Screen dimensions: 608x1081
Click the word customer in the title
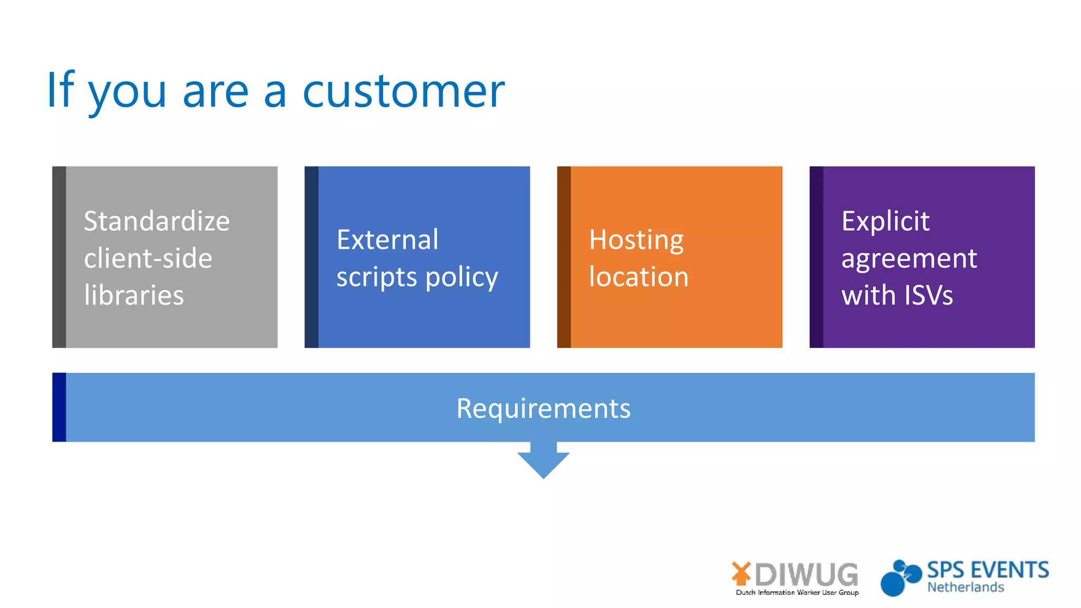(404, 91)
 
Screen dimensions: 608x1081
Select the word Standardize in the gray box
(157, 221)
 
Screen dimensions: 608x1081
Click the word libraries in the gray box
(134, 295)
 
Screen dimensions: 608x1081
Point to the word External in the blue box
(387, 240)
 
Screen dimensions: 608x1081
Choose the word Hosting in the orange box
(636, 240)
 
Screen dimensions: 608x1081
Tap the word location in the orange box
(639, 277)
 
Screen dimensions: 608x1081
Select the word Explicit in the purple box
(885, 221)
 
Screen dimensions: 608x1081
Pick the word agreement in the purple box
(909, 259)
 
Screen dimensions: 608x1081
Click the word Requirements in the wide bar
(543, 408)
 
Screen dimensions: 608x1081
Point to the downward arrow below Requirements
(543, 461)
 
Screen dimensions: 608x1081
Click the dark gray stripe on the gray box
(59, 257)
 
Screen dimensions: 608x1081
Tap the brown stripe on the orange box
(564, 257)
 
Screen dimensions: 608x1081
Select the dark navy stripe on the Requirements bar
(59, 407)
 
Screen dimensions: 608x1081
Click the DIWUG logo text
(806, 575)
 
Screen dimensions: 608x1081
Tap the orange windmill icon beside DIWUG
(741, 574)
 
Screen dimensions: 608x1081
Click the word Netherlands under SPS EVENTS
(965, 587)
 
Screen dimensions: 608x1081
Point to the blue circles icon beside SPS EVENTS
(899, 578)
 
